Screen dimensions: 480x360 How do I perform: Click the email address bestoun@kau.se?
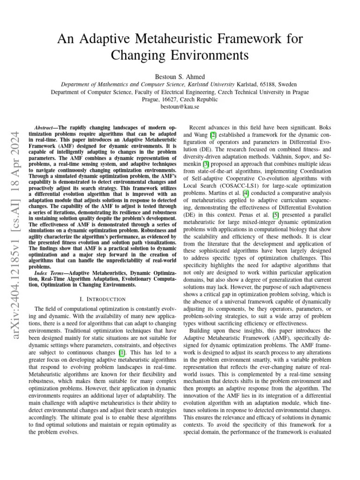180,107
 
